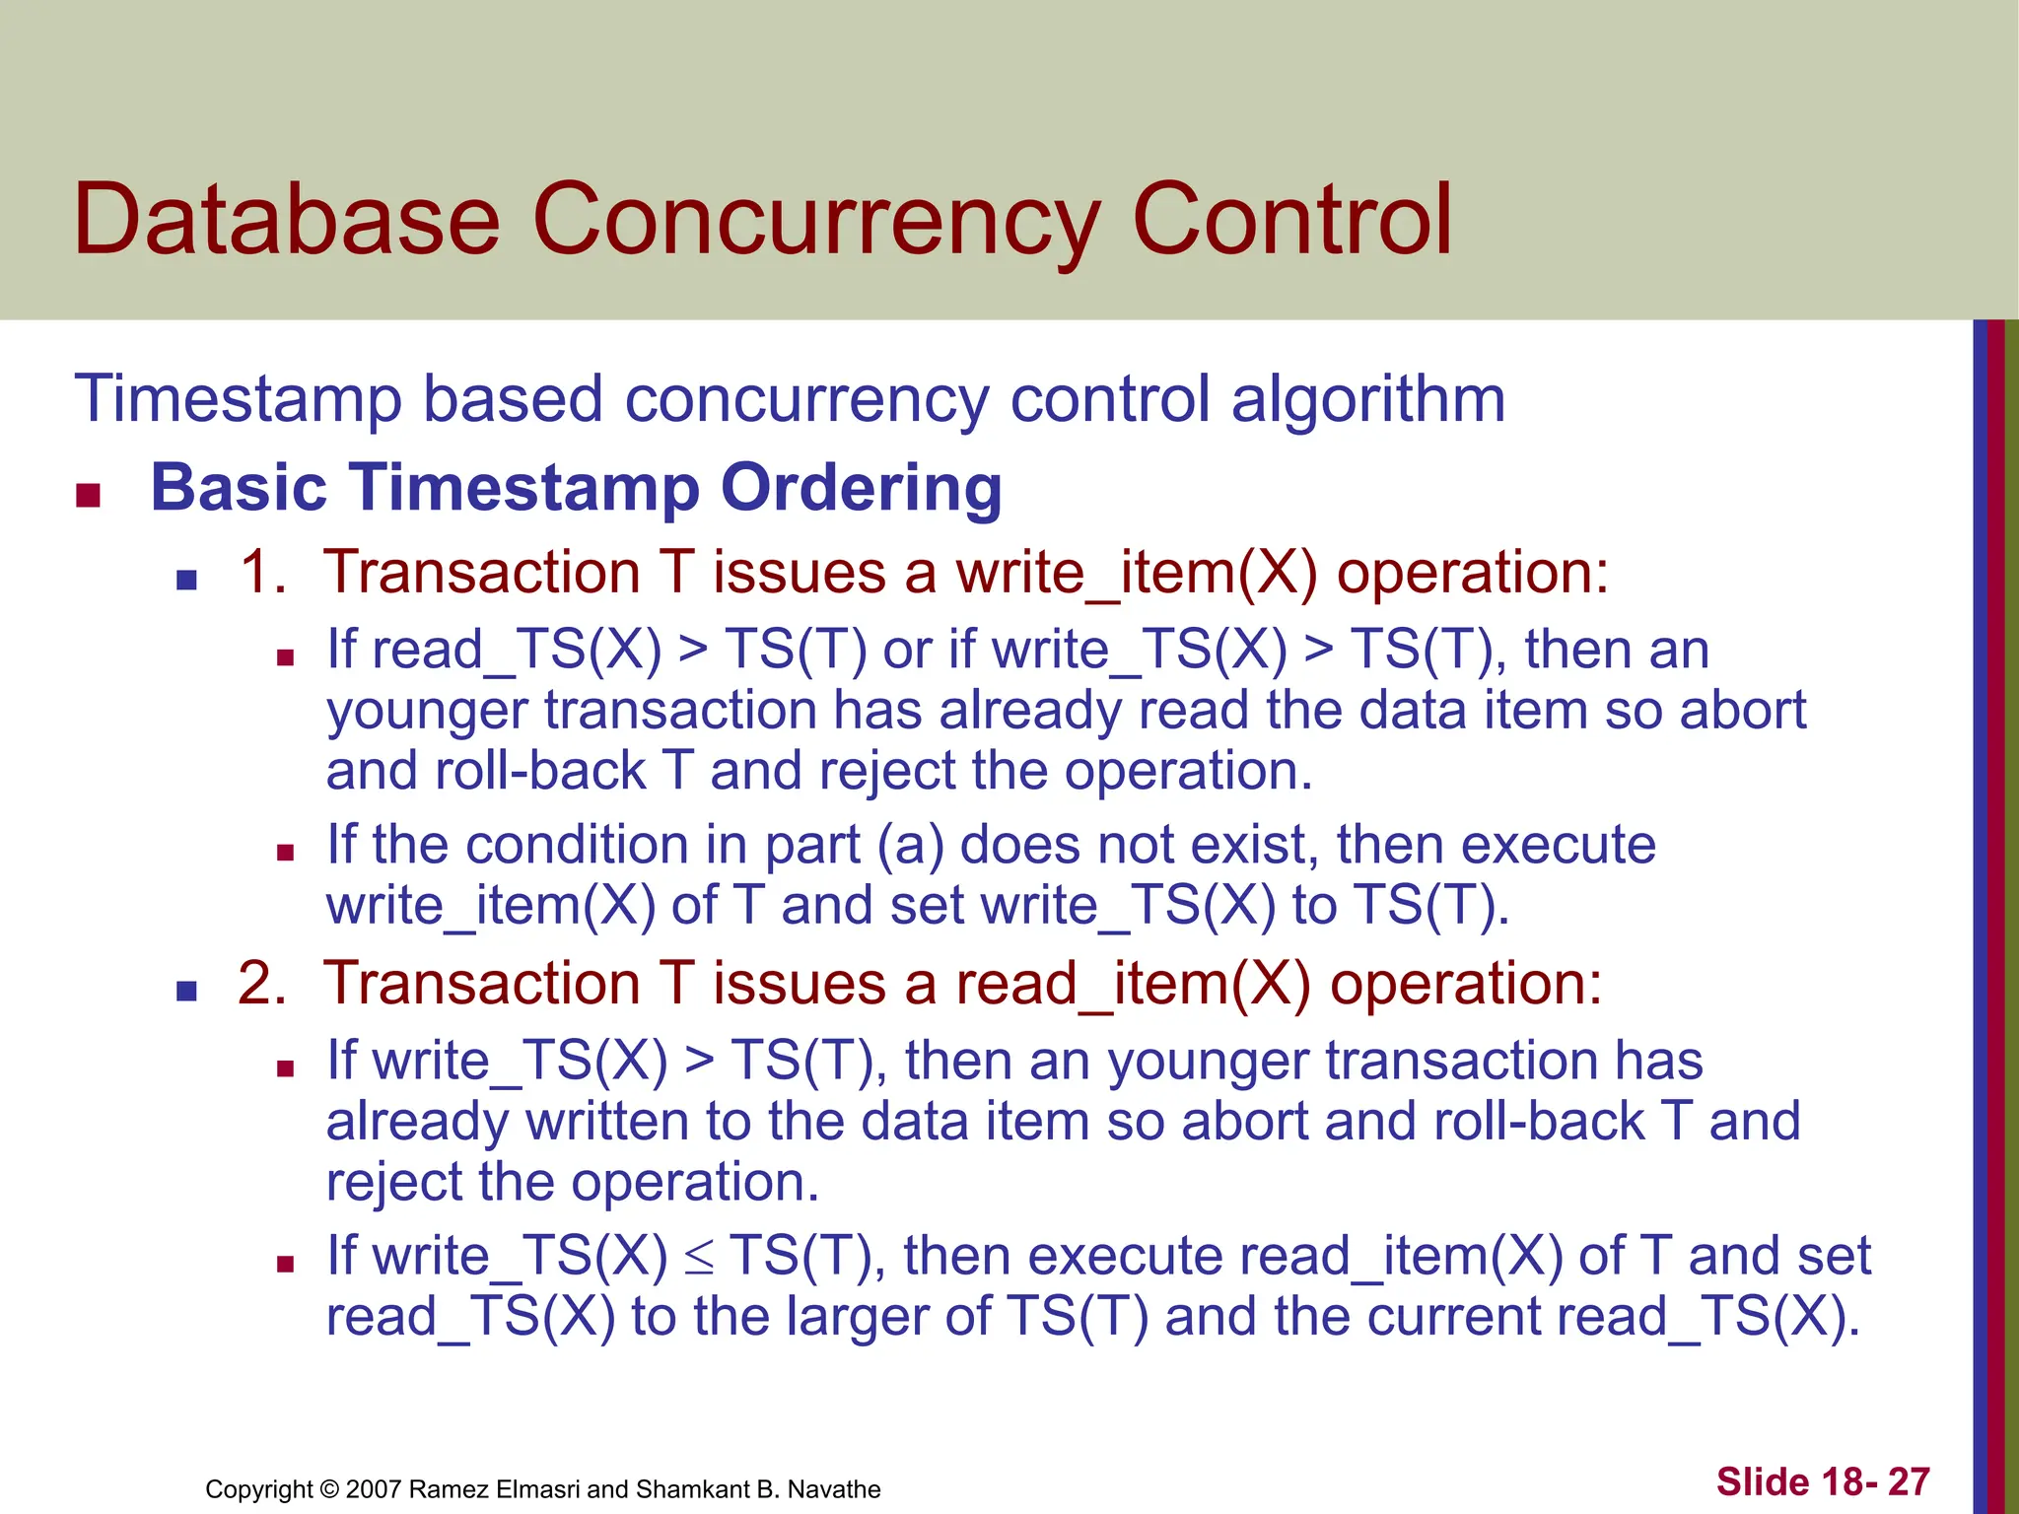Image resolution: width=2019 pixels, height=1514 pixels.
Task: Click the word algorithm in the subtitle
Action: click(1368, 400)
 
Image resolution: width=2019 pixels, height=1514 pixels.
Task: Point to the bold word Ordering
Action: click(861, 488)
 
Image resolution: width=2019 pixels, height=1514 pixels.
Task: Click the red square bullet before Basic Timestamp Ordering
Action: click(89, 495)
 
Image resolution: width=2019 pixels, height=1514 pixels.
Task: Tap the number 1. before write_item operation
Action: click(262, 572)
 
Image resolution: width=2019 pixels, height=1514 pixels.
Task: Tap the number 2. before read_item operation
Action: click(261, 984)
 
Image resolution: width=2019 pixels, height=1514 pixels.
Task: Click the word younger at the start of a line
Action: click(427, 712)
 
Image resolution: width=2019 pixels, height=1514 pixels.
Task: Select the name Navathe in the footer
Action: click(834, 1489)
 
